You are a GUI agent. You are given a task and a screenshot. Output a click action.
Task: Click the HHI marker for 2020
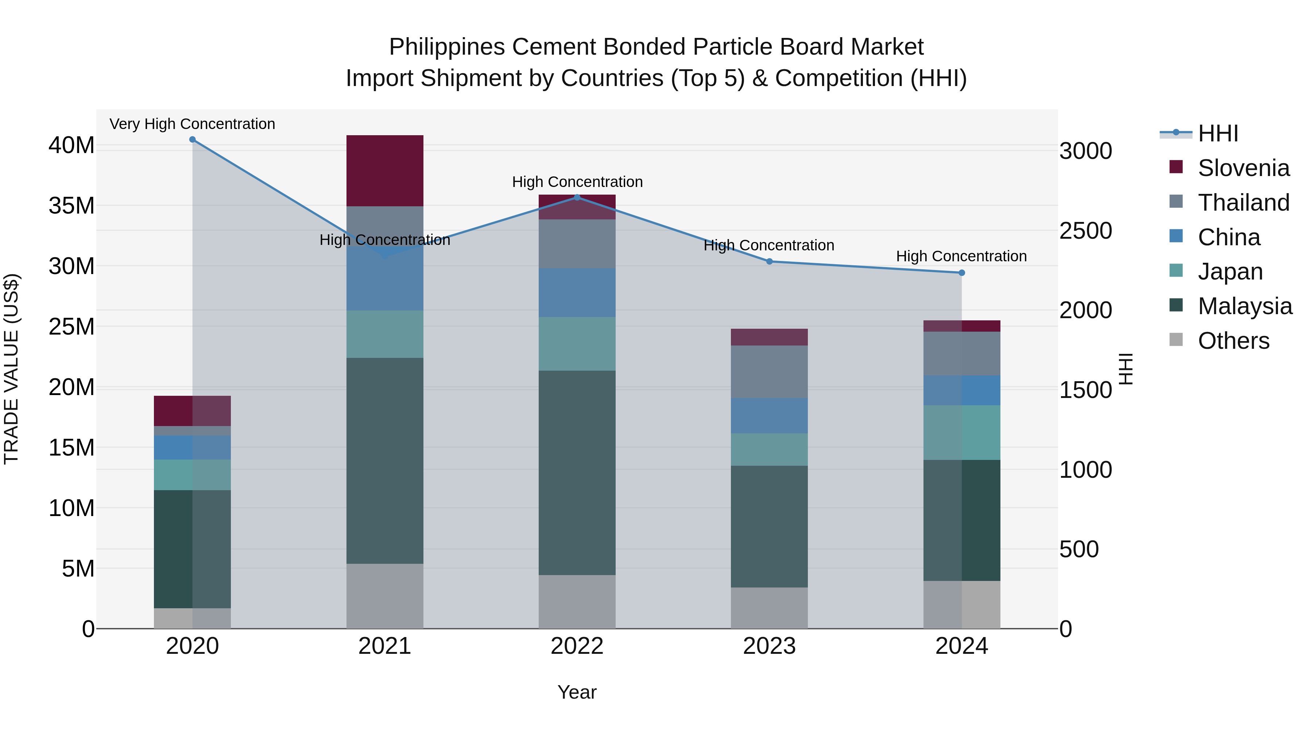point(192,140)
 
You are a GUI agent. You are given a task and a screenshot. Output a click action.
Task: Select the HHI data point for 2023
point(769,262)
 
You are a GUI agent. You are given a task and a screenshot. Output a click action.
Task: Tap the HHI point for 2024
point(961,273)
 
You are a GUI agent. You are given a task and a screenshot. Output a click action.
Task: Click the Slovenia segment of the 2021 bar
point(385,171)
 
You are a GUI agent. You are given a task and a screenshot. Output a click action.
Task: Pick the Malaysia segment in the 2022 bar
point(577,473)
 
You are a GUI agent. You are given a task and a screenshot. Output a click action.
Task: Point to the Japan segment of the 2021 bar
point(385,334)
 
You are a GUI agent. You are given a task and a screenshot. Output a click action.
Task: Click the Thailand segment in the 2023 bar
point(769,372)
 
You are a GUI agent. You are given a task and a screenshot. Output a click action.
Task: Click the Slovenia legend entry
point(1243,168)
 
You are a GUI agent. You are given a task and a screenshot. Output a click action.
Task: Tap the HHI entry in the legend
point(1218,133)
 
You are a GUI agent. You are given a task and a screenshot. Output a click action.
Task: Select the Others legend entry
point(1233,341)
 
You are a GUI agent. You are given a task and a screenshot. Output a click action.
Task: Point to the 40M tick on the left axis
point(71,146)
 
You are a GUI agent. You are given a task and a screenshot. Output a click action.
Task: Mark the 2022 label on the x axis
point(577,646)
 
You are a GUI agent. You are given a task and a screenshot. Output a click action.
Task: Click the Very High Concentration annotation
point(192,124)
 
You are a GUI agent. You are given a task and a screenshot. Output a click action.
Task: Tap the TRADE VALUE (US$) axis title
point(11,369)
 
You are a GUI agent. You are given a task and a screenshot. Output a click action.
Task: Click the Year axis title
point(577,692)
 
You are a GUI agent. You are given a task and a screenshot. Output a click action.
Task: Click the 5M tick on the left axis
point(78,569)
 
